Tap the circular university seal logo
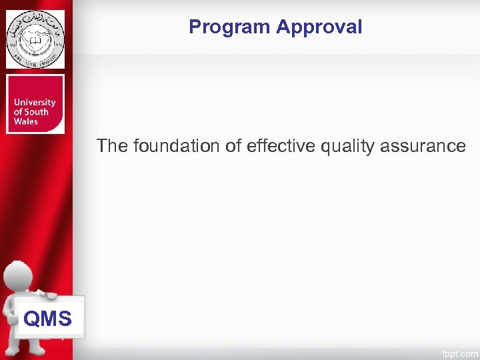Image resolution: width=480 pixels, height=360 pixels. [x=35, y=39]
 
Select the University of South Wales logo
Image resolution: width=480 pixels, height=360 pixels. [x=35, y=104]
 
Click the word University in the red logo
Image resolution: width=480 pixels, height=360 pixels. [x=34, y=103]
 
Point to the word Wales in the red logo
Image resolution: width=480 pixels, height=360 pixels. [x=26, y=121]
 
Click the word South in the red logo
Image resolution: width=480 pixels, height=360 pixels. [x=36, y=112]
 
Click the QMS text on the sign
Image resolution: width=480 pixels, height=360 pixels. [x=47, y=319]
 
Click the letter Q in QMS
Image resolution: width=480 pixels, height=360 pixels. [x=31, y=319]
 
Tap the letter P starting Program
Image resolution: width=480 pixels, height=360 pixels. [x=195, y=27]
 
